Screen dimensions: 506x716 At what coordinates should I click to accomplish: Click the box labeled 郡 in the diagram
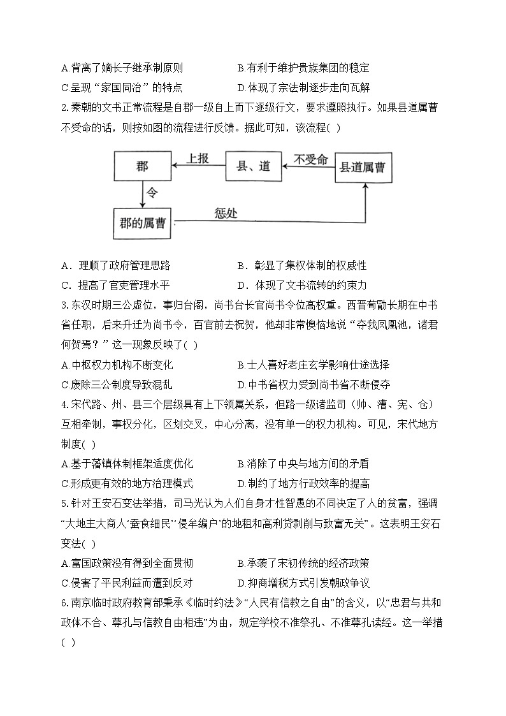[142, 167]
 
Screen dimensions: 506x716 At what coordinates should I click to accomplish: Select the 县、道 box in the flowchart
[254, 167]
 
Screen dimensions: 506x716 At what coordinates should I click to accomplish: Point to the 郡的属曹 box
[142, 223]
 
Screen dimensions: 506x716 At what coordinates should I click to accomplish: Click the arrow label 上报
[198, 159]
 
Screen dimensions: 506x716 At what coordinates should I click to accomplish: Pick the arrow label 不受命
[310, 159]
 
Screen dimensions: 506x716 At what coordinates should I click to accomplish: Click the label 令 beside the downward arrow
[152, 192]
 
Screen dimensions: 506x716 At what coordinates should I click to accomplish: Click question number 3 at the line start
[64, 305]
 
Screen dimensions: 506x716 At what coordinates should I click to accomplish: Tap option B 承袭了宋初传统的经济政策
[303, 564]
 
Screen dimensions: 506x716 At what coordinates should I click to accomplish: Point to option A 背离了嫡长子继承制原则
[122, 68]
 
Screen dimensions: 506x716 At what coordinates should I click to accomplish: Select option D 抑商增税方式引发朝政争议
[303, 583]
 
